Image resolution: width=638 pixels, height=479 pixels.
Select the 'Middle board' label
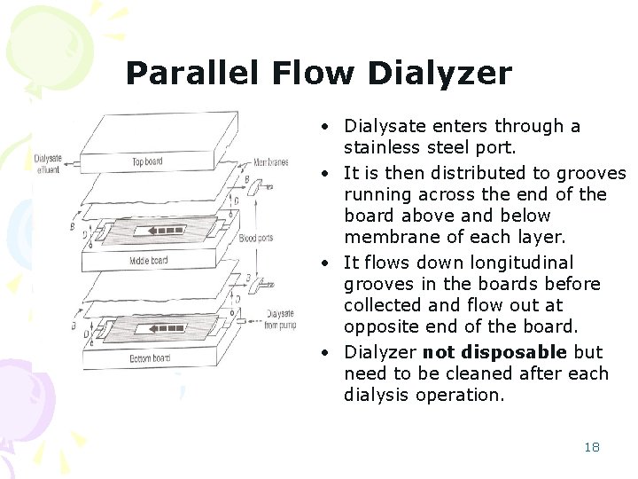pyautogui.click(x=148, y=261)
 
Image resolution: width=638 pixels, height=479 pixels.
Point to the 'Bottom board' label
pyautogui.click(x=149, y=357)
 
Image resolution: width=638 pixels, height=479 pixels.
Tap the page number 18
pyautogui.click(x=592, y=447)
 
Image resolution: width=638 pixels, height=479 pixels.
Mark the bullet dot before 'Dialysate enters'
pyautogui.click(x=329, y=127)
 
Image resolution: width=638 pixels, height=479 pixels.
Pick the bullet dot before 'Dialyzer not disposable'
pyautogui.click(x=329, y=351)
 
